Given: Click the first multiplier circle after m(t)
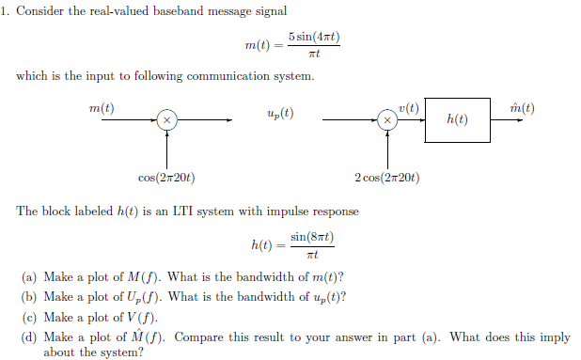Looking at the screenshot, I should pos(165,120).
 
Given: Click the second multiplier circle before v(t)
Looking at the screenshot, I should pos(385,120).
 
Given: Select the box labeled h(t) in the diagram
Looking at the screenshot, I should pos(457,120).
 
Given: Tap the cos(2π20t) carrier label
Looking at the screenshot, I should pos(166,179).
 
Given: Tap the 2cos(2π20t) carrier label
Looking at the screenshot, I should pos(386,179).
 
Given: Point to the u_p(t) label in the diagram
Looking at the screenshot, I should pos(280,114).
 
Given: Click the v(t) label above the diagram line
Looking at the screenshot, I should pos(408,107).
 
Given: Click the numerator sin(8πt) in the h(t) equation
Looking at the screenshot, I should pos(312,237).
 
